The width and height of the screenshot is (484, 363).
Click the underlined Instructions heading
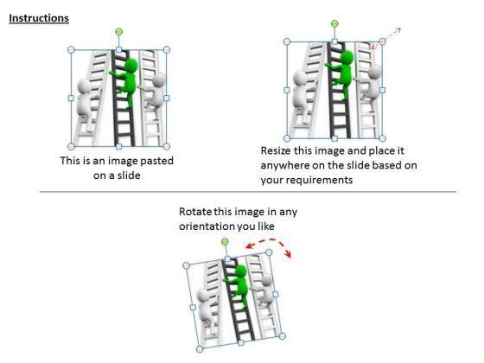[x=39, y=18]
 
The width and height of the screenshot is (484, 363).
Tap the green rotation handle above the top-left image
[x=119, y=31]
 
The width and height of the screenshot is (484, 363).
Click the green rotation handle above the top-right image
[x=334, y=23]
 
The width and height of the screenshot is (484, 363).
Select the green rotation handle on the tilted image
[x=225, y=241]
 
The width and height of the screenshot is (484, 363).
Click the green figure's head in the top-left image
[x=132, y=65]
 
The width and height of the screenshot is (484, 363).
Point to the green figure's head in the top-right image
[x=348, y=58]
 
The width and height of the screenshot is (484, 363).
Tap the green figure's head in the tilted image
[x=241, y=271]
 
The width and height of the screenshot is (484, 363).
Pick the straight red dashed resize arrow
[x=385, y=38]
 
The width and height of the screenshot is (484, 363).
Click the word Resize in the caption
[x=276, y=150]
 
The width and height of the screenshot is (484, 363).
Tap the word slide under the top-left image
[x=130, y=175]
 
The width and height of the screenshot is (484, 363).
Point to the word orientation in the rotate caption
[x=206, y=226]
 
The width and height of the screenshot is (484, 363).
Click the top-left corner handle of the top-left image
[x=71, y=50]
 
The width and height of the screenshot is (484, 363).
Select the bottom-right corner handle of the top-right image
[x=382, y=138]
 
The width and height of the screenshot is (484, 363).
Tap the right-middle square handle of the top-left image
[x=166, y=99]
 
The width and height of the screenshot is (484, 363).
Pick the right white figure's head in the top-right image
[x=375, y=73]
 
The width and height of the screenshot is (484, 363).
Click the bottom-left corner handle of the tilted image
[x=200, y=349]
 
